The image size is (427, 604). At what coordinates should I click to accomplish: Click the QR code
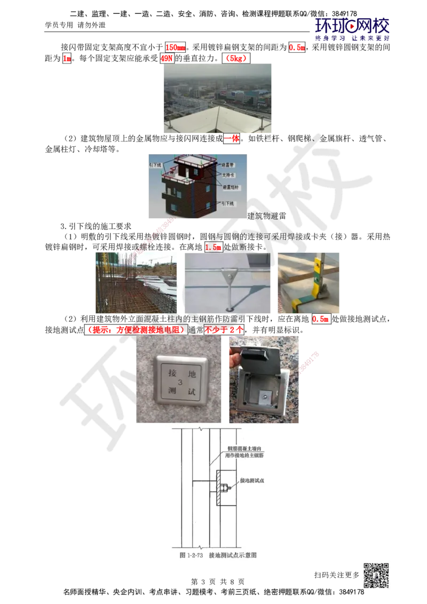[375, 576]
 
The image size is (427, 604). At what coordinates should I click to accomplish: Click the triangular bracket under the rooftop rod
[229, 279]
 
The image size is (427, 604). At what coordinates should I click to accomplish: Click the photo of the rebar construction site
[137, 283]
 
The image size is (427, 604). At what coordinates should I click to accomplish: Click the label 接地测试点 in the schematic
[256, 480]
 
